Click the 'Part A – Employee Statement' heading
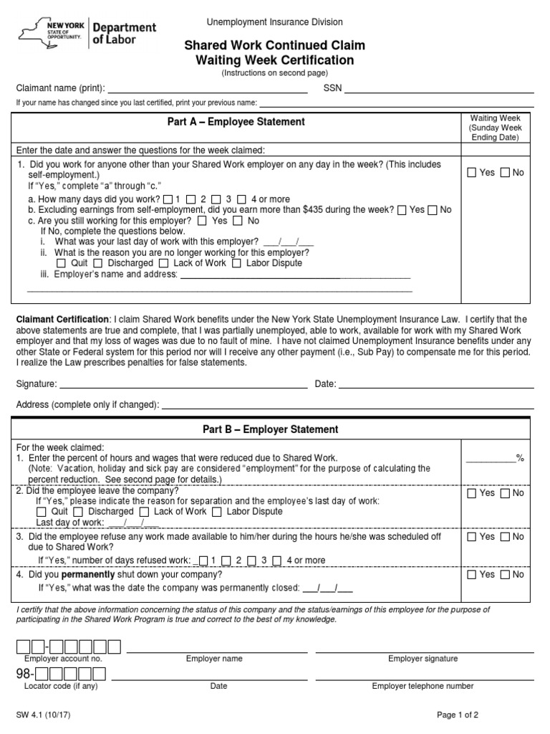pos(236,122)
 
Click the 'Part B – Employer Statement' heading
pos(270,429)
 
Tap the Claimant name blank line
pos(207,88)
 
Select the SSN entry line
pos(440,88)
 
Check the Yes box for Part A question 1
pos(472,172)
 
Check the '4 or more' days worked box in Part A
pos(242,199)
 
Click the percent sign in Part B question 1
pos(520,458)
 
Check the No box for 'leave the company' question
pos(506,493)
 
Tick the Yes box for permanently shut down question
pos(472,575)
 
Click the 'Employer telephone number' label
pos(423,686)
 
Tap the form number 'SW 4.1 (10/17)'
pos(44,715)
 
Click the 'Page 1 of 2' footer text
pos(458,715)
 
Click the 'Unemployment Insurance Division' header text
pos(275,23)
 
